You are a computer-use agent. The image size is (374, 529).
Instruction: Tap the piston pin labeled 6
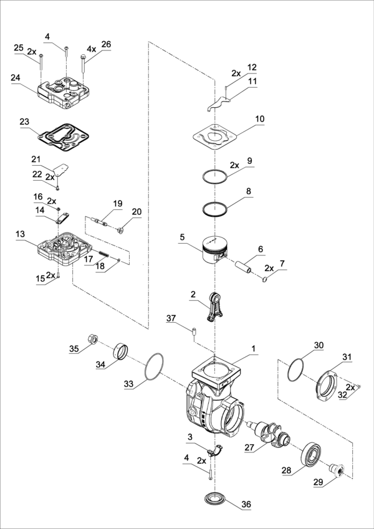point(248,267)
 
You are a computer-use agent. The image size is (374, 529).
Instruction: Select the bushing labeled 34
point(122,351)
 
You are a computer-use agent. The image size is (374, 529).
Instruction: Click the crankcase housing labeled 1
point(212,399)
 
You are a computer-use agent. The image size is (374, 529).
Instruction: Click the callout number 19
point(118,204)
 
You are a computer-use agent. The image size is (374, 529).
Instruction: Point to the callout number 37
point(171,318)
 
